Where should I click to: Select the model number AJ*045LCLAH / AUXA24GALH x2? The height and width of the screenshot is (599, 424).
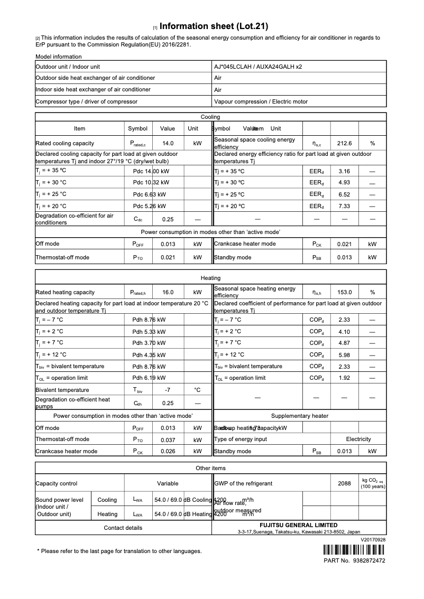point(258,67)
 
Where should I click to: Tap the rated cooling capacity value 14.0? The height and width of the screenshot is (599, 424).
point(168,143)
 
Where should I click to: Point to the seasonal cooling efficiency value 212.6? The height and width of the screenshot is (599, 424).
point(344,143)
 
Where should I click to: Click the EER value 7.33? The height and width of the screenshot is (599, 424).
point(344,206)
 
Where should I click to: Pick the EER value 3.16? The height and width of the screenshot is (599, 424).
point(344,171)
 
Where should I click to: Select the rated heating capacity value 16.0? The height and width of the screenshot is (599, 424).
point(168,292)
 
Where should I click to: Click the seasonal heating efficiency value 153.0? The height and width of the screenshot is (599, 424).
point(344,292)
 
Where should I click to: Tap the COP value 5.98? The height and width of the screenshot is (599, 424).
point(344,355)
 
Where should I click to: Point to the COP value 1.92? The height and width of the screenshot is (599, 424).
point(344,378)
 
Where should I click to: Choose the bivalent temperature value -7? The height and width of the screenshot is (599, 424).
point(168,390)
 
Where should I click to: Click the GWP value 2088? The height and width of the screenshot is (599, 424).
point(344,483)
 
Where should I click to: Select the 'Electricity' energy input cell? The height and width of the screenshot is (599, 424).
point(358,439)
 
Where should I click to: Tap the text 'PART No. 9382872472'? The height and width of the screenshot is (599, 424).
point(354,560)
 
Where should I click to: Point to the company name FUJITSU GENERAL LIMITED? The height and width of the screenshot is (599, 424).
point(299,525)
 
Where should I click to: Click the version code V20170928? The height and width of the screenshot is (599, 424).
point(373,540)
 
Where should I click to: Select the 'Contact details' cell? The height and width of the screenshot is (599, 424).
point(123,528)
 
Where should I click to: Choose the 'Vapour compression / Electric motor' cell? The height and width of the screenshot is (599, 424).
point(261,101)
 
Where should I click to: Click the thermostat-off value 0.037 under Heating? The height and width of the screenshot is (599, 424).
point(168,439)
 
